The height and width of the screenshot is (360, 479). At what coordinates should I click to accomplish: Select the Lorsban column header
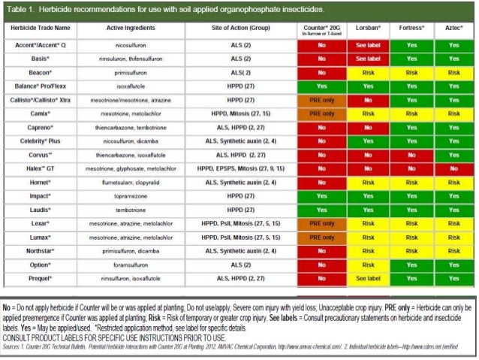coord(368,27)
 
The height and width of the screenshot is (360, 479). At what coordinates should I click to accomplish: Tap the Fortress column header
coord(411,27)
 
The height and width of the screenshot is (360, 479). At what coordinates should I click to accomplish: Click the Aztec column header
coord(453,27)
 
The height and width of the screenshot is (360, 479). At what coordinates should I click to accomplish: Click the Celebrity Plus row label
coord(41,140)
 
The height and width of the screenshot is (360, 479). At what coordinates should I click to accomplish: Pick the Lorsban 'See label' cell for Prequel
coord(368,277)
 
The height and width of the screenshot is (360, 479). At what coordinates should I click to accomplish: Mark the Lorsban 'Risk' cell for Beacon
coord(368,72)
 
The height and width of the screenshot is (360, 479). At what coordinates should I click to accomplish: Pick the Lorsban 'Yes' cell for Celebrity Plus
coord(368,140)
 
